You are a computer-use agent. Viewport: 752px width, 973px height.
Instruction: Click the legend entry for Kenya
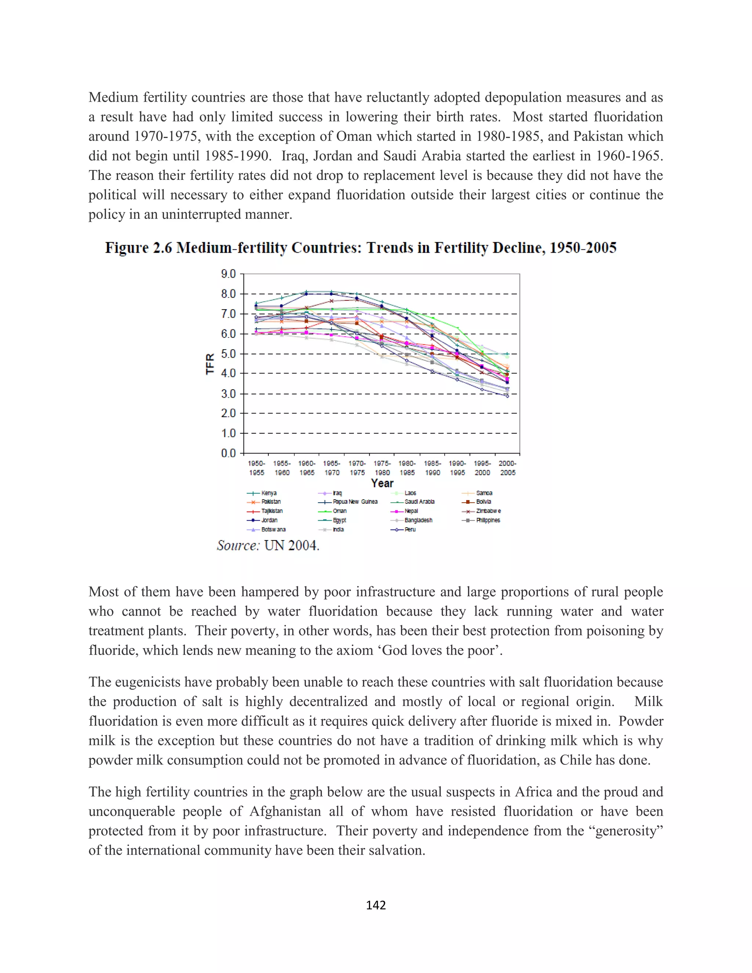tap(269, 493)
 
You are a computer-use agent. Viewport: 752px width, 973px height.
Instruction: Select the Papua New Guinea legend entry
tap(355, 502)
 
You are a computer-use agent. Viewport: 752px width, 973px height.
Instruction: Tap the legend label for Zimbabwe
tap(488, 511)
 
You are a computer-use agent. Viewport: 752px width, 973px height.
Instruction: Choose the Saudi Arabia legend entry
tap(419, 502)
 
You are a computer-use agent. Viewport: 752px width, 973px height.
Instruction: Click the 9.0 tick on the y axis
tap(228, 274)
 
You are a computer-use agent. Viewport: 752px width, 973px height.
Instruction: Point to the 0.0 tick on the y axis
tap(228, 453)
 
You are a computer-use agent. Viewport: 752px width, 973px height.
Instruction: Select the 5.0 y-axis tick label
tap(228, 354)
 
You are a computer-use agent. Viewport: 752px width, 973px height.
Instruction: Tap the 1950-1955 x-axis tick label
tap(256, 468)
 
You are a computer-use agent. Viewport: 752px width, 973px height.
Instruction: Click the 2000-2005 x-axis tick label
tap(507, 468)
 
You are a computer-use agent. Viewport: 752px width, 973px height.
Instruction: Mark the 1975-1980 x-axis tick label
tap(382, 468)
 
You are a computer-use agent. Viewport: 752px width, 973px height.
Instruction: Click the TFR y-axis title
tap(210, 363)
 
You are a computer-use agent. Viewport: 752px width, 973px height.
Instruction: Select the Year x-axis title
tap(382, 484)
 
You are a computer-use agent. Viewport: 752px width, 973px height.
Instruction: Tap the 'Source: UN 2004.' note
tap(268, 546)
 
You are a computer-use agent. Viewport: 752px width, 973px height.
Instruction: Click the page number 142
tap(376, 905)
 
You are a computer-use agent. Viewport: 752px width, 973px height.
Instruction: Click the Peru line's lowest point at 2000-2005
tap(507, 395)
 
